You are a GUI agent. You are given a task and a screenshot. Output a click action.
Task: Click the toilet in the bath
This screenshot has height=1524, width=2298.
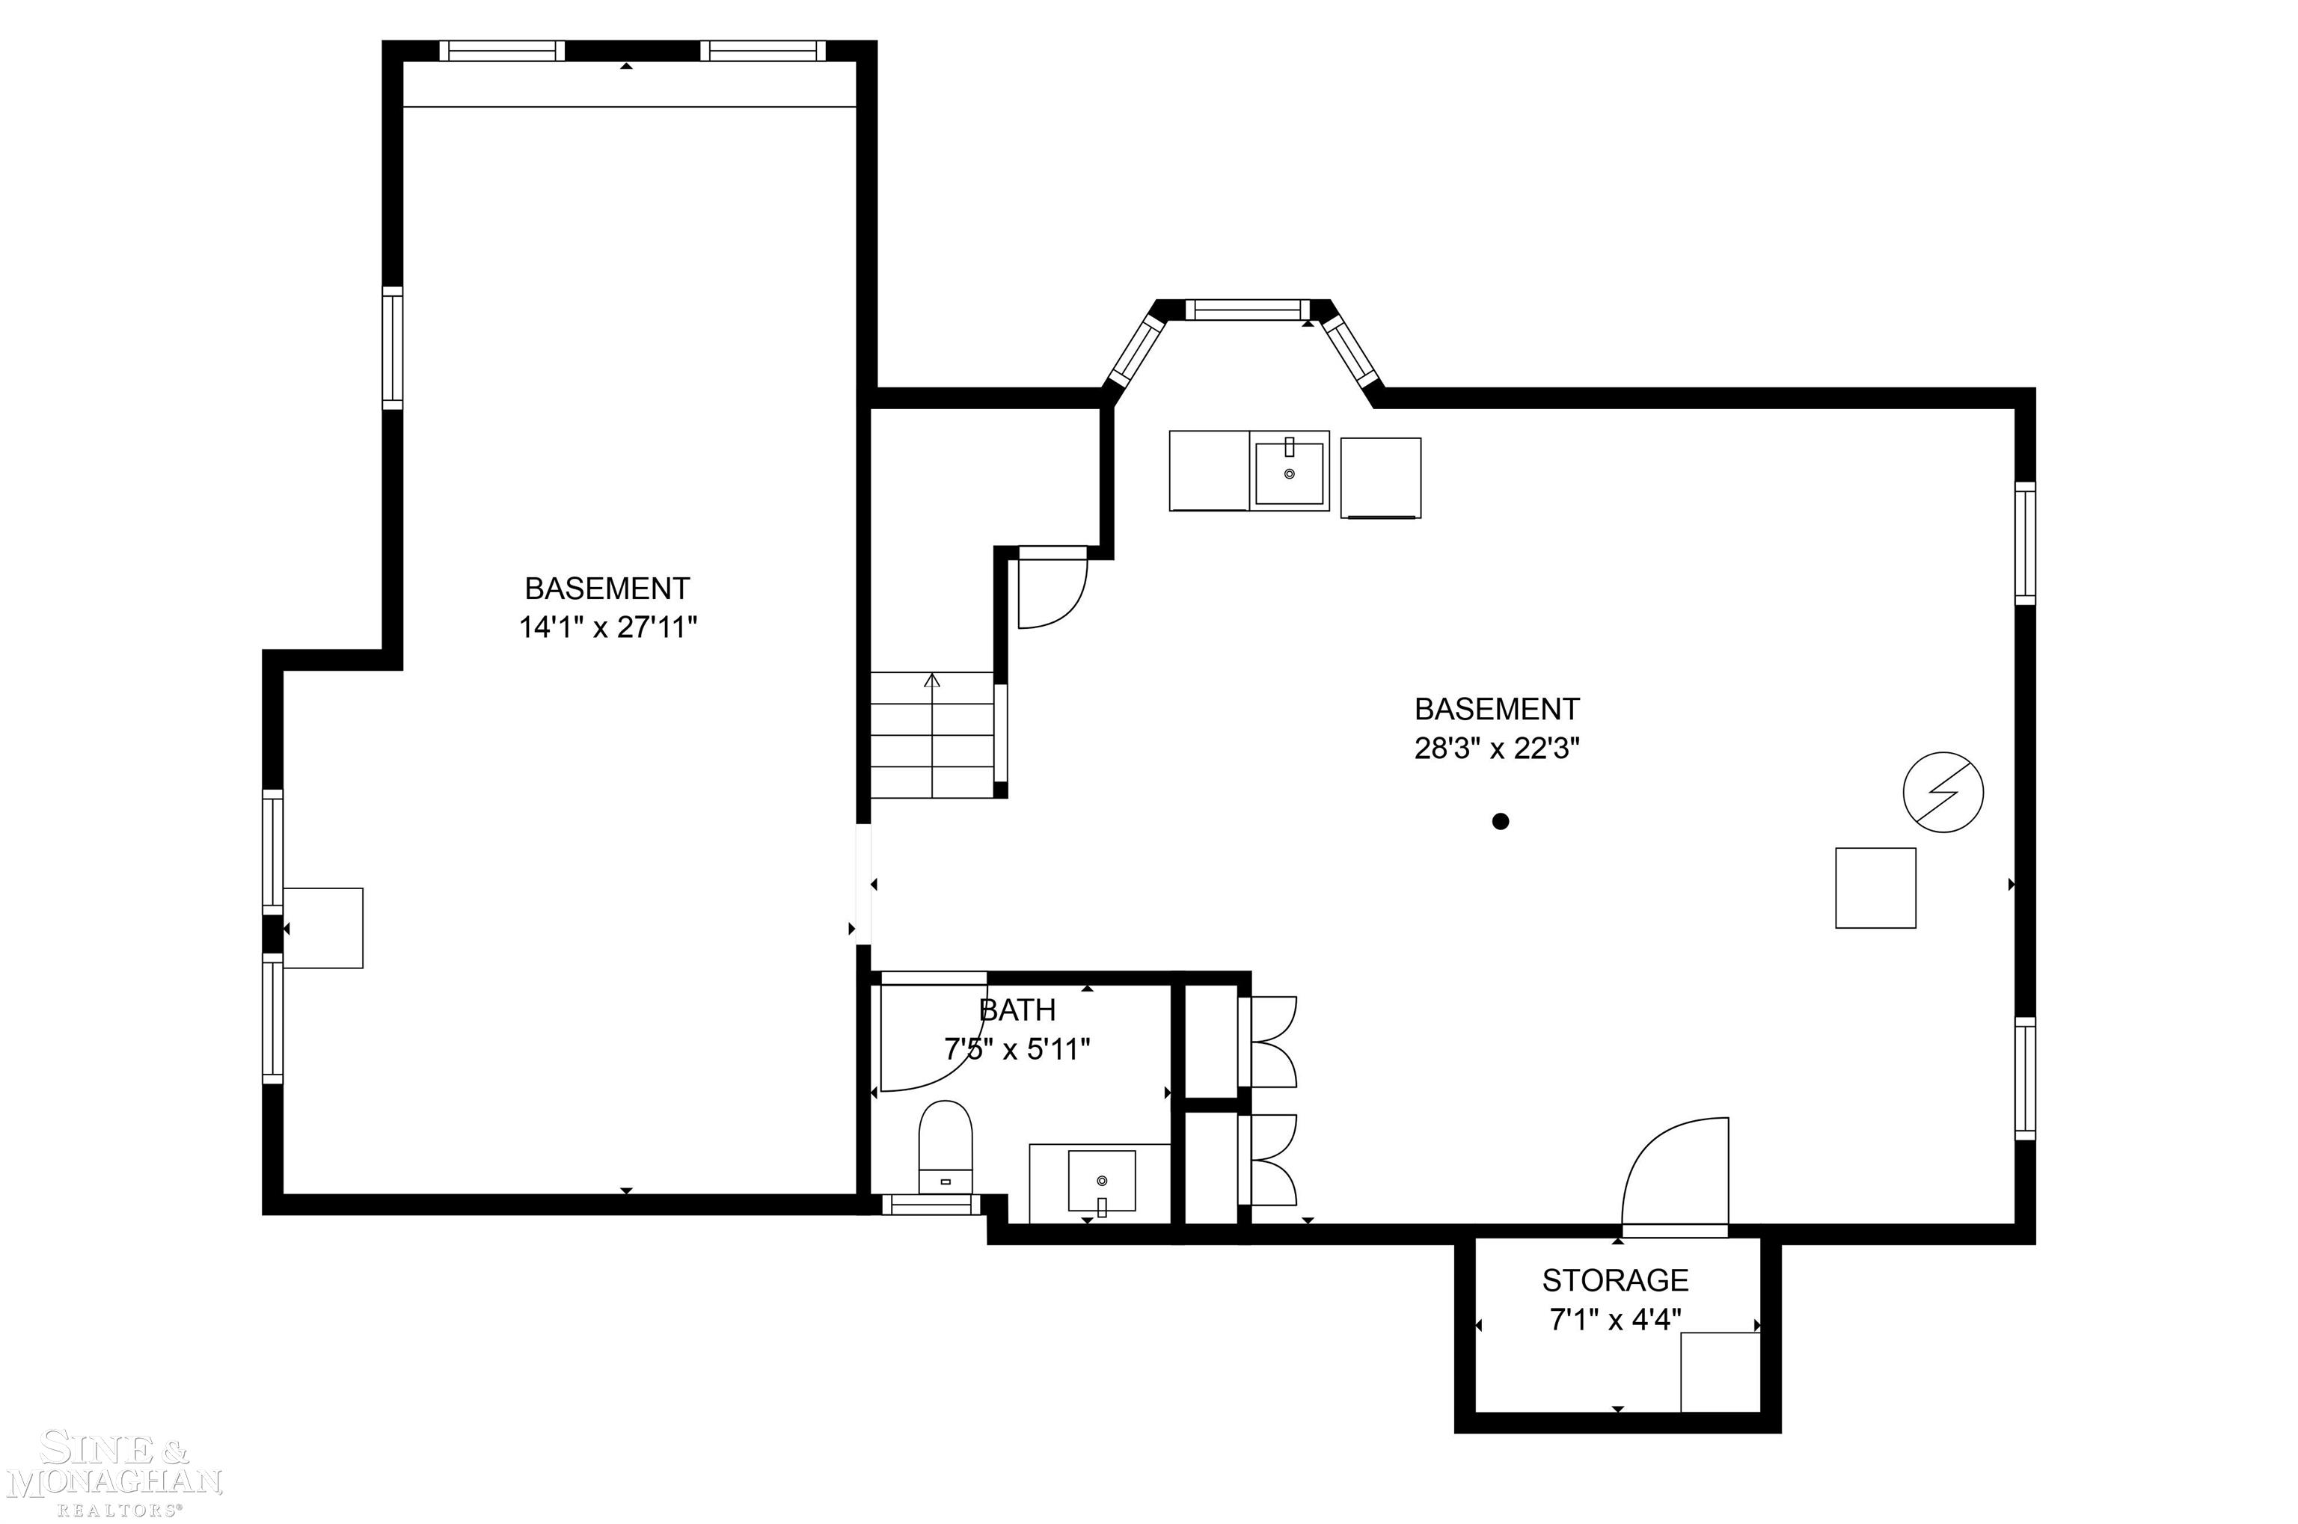(x=945, y=1146)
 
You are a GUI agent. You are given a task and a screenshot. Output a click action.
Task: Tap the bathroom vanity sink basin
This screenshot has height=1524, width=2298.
(x=1101, y=1181)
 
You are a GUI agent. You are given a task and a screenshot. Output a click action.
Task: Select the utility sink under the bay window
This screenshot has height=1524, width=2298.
(x=1289, y=473)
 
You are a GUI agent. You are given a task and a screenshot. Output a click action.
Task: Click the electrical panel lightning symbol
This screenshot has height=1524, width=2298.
(x=1943, y=792)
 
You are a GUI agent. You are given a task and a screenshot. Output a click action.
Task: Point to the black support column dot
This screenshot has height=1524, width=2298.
(x=1500, y=821)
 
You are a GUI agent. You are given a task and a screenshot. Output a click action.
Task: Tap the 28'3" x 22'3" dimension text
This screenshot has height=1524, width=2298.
(x=1496, y=749)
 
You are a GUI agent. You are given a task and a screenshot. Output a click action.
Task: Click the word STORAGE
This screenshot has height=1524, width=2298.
(x=1614, y=1280)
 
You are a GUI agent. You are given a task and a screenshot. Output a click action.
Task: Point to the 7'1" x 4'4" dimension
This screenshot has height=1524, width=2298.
(x=1614, y=1320)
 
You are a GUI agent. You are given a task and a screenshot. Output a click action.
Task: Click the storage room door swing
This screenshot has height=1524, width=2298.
(x=1675, y=1177)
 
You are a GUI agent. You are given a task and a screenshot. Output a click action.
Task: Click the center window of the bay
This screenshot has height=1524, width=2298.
(x=1248, y=309)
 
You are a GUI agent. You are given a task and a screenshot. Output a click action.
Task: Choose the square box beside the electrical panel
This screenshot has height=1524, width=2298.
(x=1875, y=888)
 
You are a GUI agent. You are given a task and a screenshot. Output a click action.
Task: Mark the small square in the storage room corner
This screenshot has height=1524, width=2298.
(x=1720, y=1371)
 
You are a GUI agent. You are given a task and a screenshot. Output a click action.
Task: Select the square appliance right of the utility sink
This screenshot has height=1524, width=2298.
(x=1380, y=477)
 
